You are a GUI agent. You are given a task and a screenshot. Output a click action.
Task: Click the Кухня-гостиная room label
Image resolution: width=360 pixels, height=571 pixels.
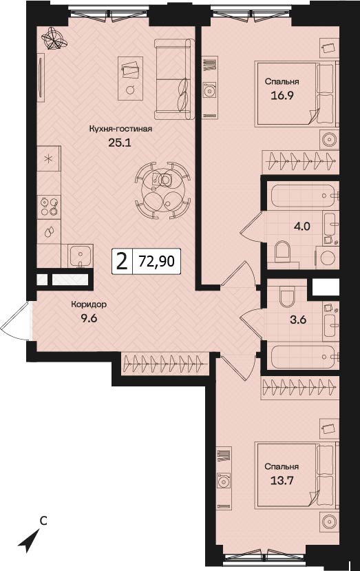click(x=120, y=129)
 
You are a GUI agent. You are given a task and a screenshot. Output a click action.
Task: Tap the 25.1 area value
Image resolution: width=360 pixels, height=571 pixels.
click(x=119, y=143)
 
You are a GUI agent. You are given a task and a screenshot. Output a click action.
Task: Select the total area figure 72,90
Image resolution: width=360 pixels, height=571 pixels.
click(x=157, y=261)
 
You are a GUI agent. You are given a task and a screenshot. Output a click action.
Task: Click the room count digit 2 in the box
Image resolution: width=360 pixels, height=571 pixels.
click(x=122, y=262)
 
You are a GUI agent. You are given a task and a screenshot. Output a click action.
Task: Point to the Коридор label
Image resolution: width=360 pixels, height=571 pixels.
click(x=89, y=304)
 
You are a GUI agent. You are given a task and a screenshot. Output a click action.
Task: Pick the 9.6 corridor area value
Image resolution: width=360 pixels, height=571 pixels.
click(x=89, y=319)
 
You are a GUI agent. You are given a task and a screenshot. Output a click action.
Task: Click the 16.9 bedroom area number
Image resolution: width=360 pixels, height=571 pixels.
click(x=282, y=96)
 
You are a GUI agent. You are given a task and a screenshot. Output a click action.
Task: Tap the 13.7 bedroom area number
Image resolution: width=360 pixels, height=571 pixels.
click(x=282, y=481)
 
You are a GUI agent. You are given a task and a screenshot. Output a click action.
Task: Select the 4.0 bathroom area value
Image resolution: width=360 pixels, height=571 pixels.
click(x=301, y=226)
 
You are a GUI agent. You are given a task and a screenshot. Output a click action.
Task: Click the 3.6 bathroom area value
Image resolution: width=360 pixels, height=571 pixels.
click(x=298, y=320)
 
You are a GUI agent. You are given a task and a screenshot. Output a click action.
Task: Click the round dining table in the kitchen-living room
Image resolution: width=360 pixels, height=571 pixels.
click(x=162, y=189)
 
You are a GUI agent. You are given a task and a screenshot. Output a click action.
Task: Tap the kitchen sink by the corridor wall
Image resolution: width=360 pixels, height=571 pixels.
click(x=80, y=256)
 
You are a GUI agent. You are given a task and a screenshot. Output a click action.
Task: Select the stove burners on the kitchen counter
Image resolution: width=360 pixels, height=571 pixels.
click(x=49, y=207)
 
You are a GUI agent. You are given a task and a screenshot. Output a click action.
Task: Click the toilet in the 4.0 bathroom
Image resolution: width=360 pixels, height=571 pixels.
click(x=282, y=252)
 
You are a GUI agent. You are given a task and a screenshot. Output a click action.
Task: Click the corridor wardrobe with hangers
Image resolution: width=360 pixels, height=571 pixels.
click(x=165, y=364)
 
